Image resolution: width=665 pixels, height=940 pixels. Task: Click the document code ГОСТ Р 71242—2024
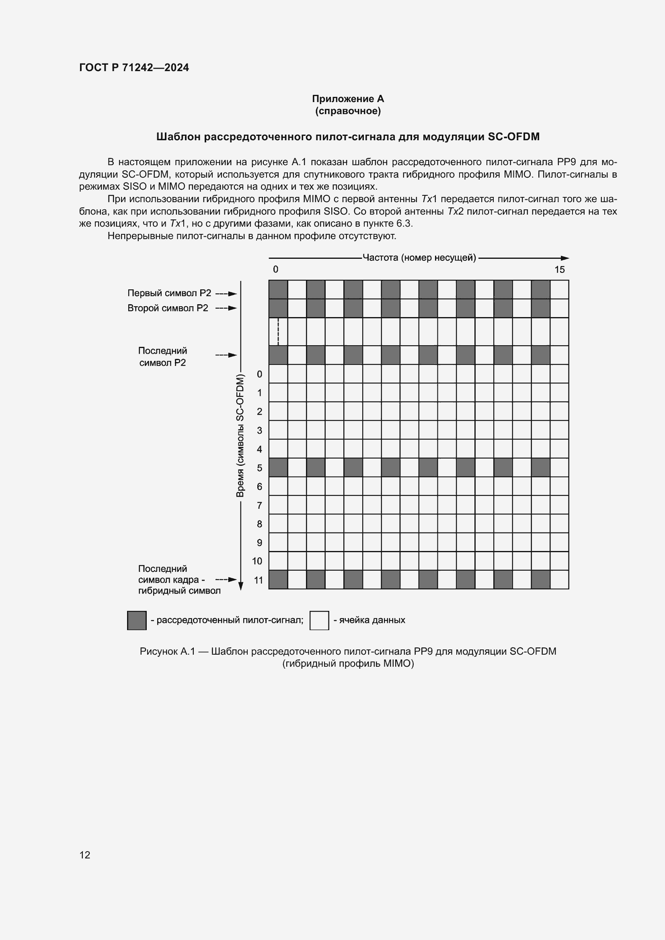tap(134, 68)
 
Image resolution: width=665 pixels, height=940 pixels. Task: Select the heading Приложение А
tap(348, 99)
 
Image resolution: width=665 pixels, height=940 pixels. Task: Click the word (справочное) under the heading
tap(348, 111)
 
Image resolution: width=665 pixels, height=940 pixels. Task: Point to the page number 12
tap(85, 855)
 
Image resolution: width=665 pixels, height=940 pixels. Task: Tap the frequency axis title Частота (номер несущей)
tap(419, 258)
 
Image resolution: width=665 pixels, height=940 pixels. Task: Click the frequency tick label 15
tap(559, 269)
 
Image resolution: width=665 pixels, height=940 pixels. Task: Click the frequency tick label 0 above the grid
tap(275, 269)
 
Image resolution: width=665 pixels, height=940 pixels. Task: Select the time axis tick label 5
tap(259, 467)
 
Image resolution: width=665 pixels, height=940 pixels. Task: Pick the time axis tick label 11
tap(258, 580)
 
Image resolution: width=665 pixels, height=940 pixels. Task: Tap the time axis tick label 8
tap(259, 524)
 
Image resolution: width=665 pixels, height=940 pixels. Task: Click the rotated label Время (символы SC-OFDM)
tap(240, 436)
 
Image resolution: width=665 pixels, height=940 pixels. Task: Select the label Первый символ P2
tap(169, 293)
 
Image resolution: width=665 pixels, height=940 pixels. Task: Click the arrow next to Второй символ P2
tap(226, 308)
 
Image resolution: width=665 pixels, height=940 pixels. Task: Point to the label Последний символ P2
tap(162, 356)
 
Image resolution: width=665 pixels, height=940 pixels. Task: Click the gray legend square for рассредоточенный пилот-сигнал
tap(137, 620)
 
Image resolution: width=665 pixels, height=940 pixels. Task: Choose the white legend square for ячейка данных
tap(319, 620)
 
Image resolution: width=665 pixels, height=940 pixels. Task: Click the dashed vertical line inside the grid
tap(278, 332)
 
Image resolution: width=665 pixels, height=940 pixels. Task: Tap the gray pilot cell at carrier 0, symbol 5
tap(278, 467)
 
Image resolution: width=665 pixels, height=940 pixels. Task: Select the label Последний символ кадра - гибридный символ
tap(179, 580)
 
